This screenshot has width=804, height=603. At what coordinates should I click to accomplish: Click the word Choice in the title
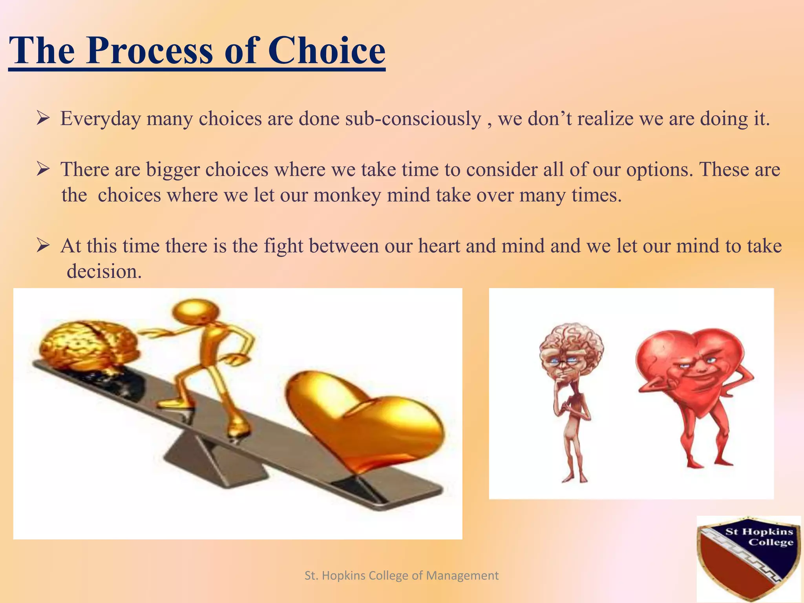click(327, 51)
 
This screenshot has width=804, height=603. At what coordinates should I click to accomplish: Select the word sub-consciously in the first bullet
click(413, 119)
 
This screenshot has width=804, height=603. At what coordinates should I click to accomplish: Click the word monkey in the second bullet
click(347, 195)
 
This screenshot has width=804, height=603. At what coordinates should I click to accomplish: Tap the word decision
click(104, 271)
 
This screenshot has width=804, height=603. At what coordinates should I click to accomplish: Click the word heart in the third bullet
click(439, 246)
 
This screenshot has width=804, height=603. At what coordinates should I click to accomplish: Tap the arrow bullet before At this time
click(42, 246)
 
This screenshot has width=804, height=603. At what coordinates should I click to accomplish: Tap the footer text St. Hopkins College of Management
click(402, 576)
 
